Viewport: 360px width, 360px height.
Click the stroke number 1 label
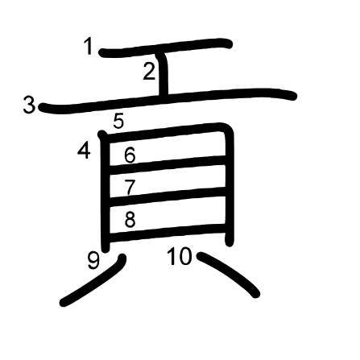88,46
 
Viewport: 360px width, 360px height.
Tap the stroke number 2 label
149,72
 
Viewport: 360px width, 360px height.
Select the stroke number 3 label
29,105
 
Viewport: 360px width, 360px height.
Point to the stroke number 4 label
84,151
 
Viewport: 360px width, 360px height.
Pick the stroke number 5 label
118,121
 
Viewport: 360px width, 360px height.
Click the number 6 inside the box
130,155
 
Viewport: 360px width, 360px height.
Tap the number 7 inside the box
130,187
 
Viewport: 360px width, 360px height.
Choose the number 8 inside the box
130,219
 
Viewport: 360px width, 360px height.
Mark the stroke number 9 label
93,261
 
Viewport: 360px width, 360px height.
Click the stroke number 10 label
180,256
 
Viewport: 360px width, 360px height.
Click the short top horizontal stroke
166,48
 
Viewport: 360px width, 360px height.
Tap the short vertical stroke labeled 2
163,74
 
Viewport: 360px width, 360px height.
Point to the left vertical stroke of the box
106,192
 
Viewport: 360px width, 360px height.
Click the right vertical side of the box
229,185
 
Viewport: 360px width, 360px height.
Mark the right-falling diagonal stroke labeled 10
229,274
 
